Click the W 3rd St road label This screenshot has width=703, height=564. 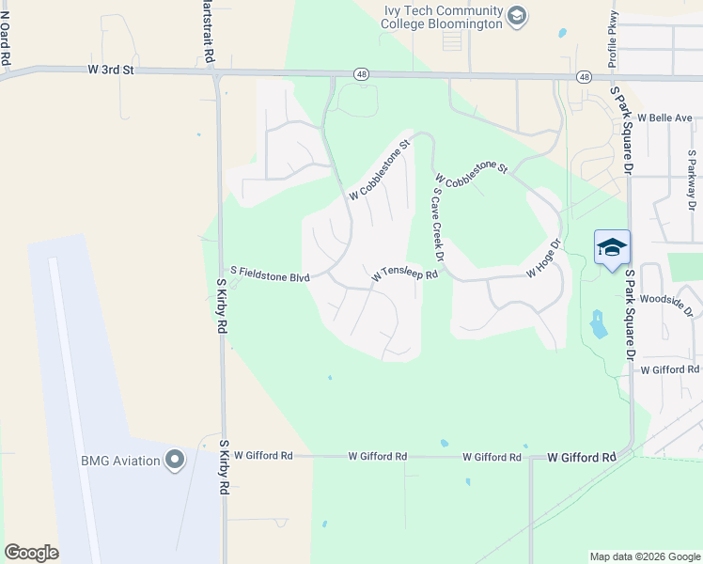[112, 69]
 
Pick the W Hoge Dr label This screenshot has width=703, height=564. [543, 258]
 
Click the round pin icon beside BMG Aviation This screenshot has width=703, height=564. [174, 460]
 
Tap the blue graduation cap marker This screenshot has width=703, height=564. [612, 248]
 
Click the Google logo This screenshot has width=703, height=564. [31, 553]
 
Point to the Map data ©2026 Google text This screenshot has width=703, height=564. [644, 556]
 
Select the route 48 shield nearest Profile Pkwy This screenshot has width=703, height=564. [585, 76]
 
